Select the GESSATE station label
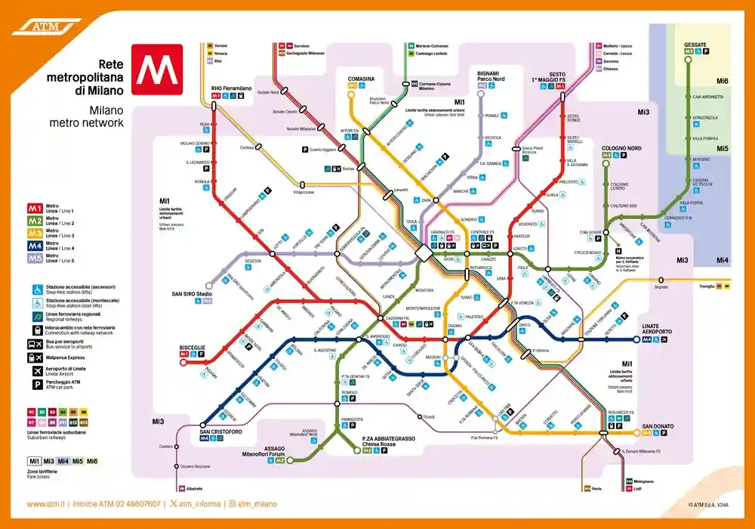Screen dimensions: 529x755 tap(695, 45)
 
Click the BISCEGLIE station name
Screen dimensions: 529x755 tap(192, 348)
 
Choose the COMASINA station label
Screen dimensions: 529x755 tap(361, 79)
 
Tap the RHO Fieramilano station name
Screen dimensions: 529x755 tap(231, 88)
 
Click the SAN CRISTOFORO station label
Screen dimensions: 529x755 tap(220, 432)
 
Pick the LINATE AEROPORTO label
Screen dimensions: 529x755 tap(656, 330)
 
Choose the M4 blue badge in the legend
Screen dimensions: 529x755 tap(35, 245)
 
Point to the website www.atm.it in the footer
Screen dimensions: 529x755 tap(45, 504)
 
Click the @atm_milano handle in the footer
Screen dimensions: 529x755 tap(253, 504)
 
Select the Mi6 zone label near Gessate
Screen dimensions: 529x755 tap(723, 81)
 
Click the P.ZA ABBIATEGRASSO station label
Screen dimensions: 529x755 tap(388, 438)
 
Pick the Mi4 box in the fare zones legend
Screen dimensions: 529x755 tap(63, 461)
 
